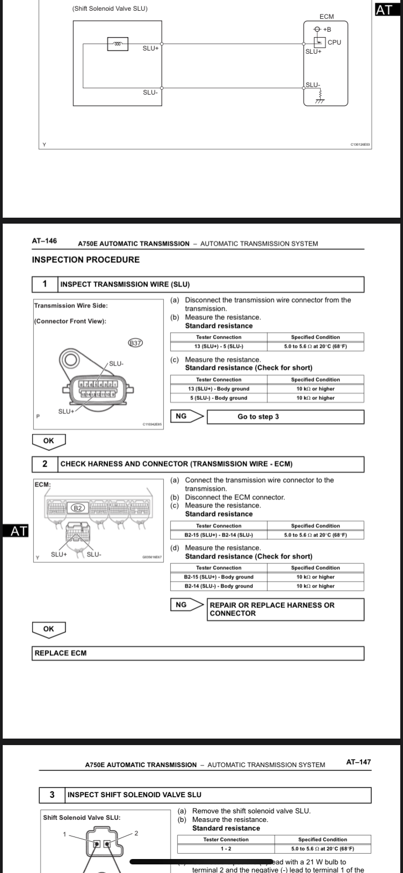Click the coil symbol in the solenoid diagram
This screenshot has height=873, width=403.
pyautogui.click(x=118, y=44)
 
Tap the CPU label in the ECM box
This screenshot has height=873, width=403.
pyautogui.click(x=334, y=42)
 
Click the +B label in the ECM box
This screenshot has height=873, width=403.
pyautogui.click(x=327, y=29)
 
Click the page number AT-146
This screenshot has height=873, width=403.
pyautogui.click(x=45, y=241)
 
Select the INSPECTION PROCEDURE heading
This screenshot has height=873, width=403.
pyautogui.click(x=86, y=260)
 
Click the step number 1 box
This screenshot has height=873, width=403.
pyautogui.click(x=45, y=284)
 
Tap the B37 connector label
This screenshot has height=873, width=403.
pyautogui.click(x=135, y=342)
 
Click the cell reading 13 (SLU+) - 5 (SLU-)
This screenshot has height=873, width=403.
pyautogui.click(x=219, y=346)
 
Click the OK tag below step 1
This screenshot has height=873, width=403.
pyautogui.click(x=49, y=441)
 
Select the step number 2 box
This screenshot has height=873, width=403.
pyautogui.click(x=45, y=464)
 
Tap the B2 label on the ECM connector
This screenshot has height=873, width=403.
pyautogui.click(x=78, y=507)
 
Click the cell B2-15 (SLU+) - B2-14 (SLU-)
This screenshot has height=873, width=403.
pyautogui.click(x=219, y=535)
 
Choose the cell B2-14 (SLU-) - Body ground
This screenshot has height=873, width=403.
pyautogui.click(x=219, y=586)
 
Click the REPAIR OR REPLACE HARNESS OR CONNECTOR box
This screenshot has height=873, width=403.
pyautogui.click(x=285, y=609)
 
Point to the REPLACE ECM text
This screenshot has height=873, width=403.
pyautogui.click(x=61, y=653)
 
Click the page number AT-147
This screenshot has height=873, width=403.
pyautogui.click(x=358, y=762)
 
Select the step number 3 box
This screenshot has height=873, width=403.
pyautogui.click(x=52, y=795)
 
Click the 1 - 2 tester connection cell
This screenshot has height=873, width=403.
pyautogui.click(x=226, y=849)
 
